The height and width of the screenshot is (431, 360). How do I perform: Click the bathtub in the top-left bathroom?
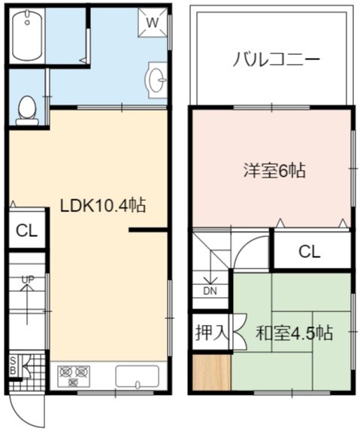point(27,35)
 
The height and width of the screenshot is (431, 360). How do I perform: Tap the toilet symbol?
point(26,111)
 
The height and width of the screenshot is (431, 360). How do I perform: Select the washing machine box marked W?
point(153,23)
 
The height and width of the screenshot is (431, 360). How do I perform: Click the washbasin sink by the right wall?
point(157,80)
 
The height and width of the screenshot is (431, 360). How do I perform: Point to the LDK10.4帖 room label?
point(103,205)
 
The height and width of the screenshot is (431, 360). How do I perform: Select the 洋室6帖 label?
point(274,171)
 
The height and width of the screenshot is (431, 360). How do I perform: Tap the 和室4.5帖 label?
point(294,333)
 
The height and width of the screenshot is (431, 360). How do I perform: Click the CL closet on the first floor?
point(26,231)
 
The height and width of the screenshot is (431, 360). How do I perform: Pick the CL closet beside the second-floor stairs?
point(310,251)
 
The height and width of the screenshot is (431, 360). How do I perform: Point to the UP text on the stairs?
point(28,280)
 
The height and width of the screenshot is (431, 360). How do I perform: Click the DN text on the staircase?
point(210,291)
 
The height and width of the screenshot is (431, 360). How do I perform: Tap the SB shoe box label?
point(13,366)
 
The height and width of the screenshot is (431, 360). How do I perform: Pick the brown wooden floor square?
point(211,372)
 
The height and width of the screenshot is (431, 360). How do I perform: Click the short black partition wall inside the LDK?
point(148,230)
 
